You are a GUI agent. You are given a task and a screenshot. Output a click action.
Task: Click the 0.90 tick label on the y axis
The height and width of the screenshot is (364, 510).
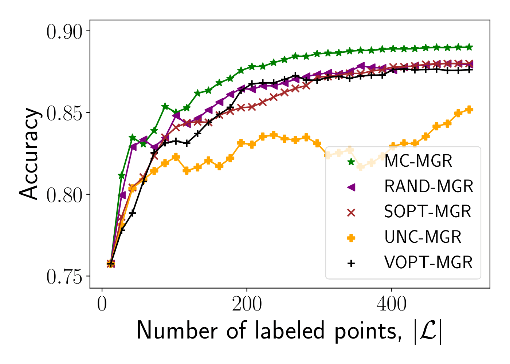click(x=64, y=32)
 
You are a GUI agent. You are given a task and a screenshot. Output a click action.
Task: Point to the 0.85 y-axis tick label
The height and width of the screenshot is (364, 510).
click(x=64, y=114)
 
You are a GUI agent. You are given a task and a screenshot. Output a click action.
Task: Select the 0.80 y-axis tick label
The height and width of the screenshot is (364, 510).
click(x=64, y=195)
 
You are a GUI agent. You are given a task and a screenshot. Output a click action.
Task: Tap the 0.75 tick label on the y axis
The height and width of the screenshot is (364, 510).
click(x=64, y=277)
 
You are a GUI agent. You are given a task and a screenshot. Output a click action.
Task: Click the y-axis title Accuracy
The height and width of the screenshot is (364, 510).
click(x=29, y=154)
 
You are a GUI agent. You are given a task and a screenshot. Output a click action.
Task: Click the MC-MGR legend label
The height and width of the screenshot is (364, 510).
click(x=418, y=161)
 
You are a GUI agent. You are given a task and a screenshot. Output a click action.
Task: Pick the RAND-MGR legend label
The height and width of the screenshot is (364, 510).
click(x=428, y=187)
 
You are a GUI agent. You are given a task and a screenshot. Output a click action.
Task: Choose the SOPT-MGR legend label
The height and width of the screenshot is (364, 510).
click(x=428, y=212)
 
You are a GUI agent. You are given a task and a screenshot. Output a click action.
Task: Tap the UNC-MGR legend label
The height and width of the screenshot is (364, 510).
click(x=423, y=237)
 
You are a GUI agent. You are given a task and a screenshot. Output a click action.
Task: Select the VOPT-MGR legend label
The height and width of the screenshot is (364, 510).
click(x=428, y=263)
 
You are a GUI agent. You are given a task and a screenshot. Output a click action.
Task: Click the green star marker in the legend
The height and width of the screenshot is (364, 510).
click(x=351, y=162)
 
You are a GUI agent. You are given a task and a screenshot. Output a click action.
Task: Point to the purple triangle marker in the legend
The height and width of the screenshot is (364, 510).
click(x=351, y=187)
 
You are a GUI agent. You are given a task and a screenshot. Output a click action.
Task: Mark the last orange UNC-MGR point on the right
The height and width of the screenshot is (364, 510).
click(x=470, y=110)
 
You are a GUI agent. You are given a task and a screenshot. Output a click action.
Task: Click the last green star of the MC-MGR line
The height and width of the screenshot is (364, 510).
click(x=470, y=47)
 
